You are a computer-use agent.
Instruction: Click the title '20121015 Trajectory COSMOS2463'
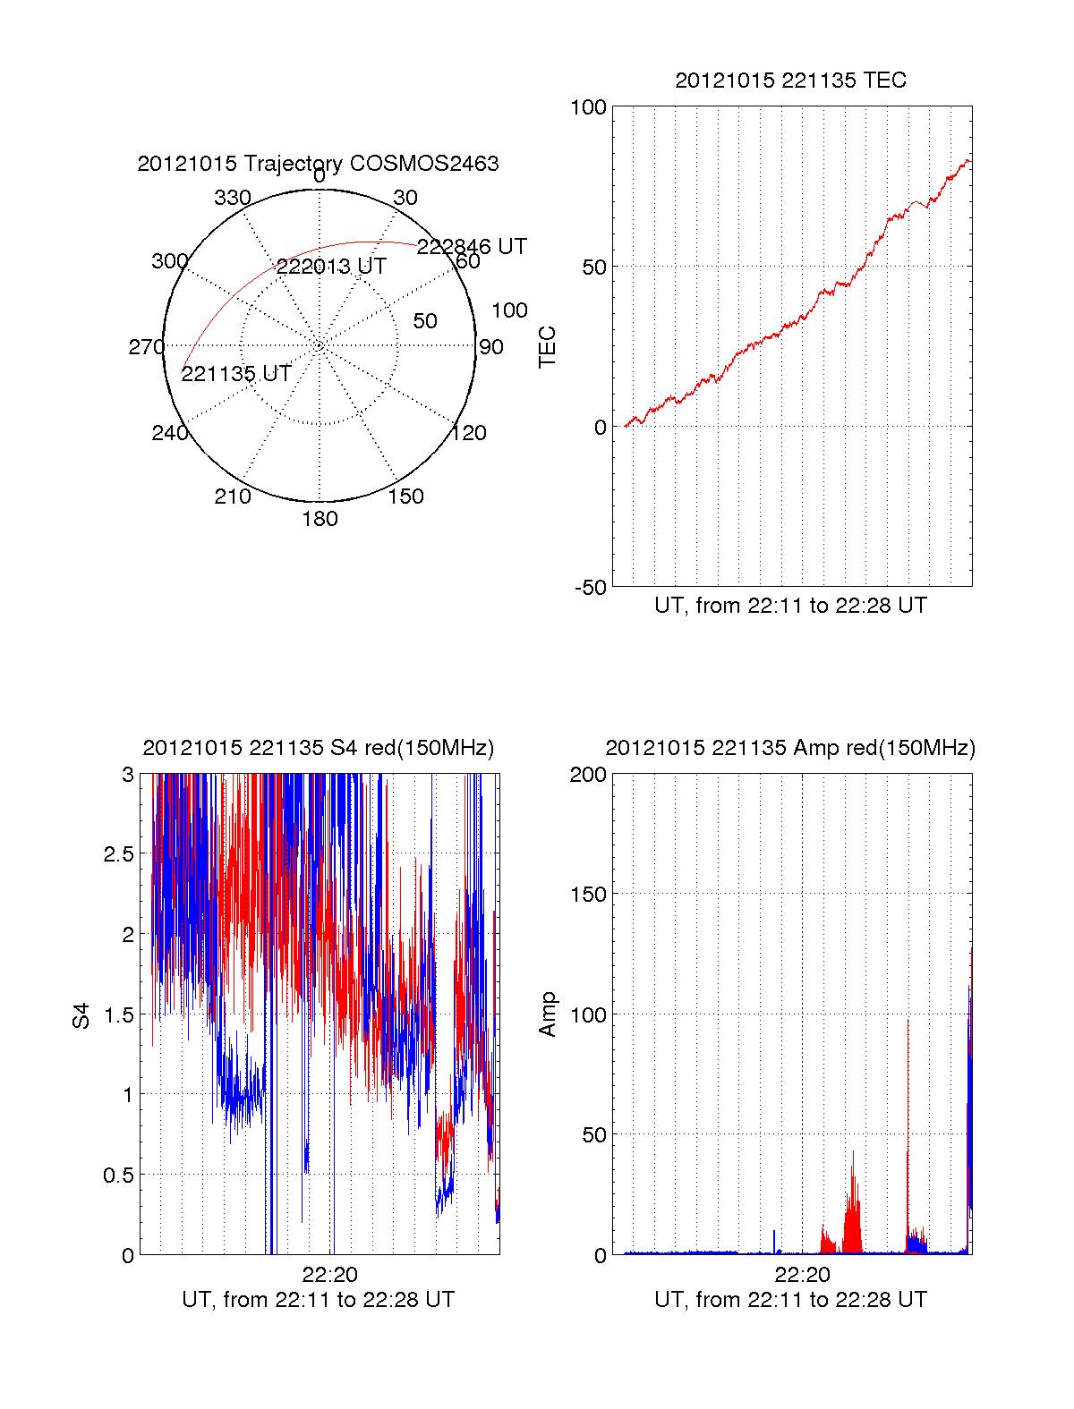click(x=318, y=164)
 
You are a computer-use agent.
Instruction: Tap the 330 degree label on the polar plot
click(x=232, y=198)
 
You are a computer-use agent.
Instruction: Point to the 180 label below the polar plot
click(x=320, y=519)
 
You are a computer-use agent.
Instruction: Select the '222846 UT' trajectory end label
click(x=472, y=247)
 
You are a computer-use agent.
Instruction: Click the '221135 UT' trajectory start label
click(x=236, y=374)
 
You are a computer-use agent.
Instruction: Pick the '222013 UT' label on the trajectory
click(x=331, y=267)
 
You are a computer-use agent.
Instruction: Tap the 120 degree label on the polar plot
click(x=468, y=434)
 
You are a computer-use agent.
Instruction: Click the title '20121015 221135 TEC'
click(x=790, y=81)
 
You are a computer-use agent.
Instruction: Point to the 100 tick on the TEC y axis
click(x=588, y=108)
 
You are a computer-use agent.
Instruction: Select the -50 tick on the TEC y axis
click(x=590, y=588)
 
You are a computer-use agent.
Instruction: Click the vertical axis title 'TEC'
click(x=547, y=347)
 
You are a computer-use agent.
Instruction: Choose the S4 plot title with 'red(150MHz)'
click(x=318, y=748)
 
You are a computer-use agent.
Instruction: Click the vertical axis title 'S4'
click(x=81, y=1015)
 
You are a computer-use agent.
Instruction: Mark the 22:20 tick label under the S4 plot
click(x=329, y=1275)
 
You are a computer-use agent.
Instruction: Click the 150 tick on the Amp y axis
click(x=588, y=895)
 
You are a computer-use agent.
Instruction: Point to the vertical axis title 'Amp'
click(x=547, y=1014)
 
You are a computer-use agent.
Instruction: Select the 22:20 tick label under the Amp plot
click(x=802, y=1275)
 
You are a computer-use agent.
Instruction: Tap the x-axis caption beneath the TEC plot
click(x=790, y=606)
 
